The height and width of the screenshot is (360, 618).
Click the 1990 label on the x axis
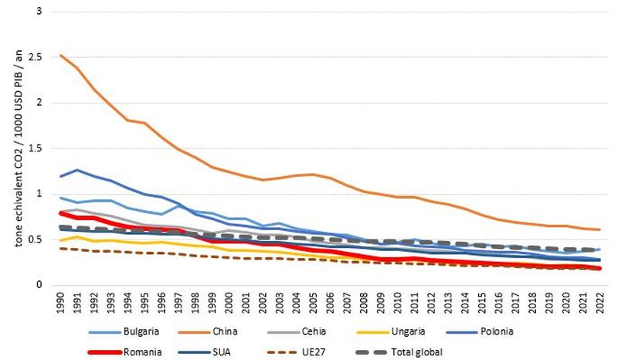coord(61,299)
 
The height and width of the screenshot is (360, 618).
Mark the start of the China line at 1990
coord(61,56)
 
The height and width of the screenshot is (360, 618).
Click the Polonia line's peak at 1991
coord(77,170)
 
